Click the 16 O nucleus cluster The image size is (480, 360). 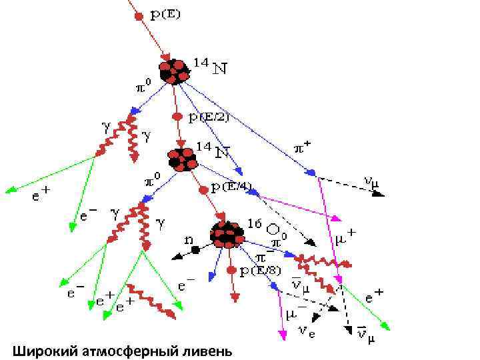click(x=227, y=234)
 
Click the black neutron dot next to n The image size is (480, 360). click(x=195, y=249)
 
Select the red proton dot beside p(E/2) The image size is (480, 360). click(x=177, y=116)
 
